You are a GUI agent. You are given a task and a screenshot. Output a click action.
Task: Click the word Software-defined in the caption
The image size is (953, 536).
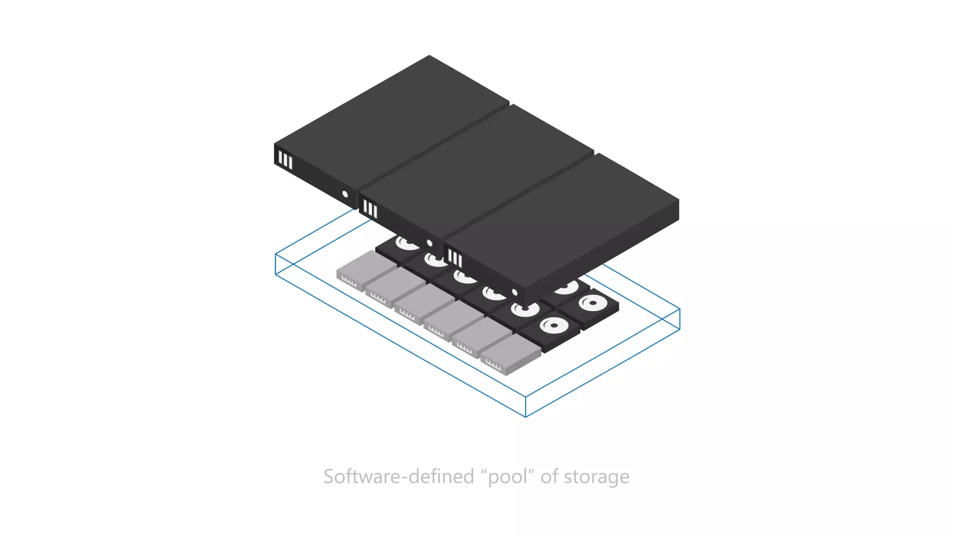coord(398,477)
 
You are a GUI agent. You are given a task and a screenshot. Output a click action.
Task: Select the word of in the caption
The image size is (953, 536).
coord(549,477)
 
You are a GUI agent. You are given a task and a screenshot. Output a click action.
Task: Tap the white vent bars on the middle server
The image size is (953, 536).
coord(370,209)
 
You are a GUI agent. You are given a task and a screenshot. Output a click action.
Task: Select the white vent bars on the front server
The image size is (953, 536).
coord(455,258)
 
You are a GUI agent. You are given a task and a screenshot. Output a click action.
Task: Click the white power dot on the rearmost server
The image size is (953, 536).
coord(345,194)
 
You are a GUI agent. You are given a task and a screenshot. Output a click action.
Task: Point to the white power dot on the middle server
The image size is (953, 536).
coord(430,243)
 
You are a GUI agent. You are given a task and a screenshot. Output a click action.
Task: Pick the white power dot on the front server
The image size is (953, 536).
coord(515,293)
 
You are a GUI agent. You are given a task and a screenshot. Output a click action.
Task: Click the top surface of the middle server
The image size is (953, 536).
coord(479,167)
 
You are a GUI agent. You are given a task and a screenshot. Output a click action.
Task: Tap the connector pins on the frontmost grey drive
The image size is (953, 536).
coord(493,365)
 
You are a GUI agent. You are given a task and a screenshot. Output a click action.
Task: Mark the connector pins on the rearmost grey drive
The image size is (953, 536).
coord(349,281)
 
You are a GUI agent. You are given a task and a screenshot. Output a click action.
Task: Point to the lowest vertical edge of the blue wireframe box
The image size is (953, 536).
coord(525,406)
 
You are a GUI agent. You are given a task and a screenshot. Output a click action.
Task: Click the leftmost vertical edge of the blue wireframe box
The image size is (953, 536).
coord(275,264)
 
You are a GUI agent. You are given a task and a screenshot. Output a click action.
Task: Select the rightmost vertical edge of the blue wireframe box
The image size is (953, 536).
coord(679,319)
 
